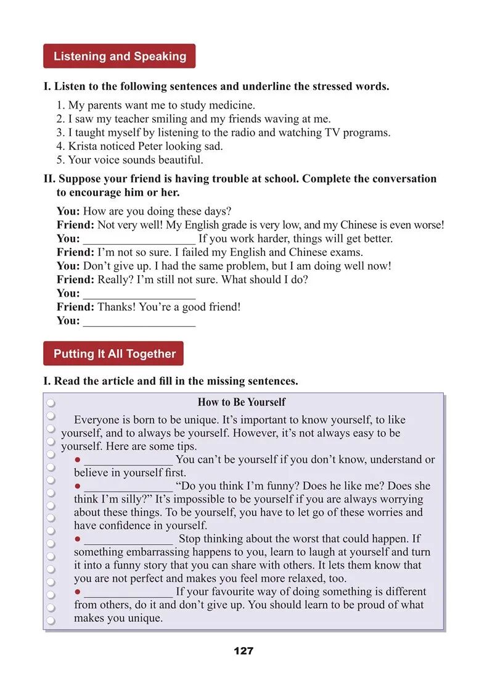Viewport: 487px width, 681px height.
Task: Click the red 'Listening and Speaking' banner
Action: (x=120, y=56)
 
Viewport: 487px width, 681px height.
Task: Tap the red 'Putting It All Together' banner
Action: (x=114, y=353)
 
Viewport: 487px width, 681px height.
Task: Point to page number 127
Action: (x=243, y=651)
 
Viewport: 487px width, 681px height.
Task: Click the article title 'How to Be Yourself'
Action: (x=241, y=402)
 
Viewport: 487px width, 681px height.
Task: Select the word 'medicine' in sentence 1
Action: (x=231, y=105)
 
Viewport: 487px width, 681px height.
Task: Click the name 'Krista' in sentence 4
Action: (x=83, y=146)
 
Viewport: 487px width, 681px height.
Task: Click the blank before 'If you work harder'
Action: (x=139, y=239)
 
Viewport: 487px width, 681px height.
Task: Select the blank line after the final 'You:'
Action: (x=139, y=321)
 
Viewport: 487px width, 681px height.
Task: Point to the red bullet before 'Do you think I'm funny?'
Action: (x=78, y=486)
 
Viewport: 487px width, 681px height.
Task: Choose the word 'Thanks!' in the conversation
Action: (x=116, y=307)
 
